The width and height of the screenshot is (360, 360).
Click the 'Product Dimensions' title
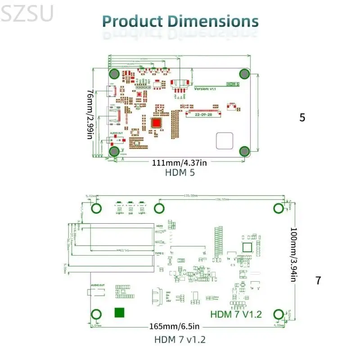coord(180,21)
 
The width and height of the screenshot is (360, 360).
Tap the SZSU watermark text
coord(27,13)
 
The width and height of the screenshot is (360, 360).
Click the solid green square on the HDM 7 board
coord(120,313)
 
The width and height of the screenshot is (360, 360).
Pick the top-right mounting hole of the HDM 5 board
coord(244,74)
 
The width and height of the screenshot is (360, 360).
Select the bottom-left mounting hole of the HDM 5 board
coord(114,151)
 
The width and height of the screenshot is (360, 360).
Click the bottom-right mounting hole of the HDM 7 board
coord(278,314)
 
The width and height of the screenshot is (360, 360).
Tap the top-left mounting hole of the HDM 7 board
coord(96,208)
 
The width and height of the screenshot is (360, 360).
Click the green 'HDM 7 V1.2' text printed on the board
coord(236,314)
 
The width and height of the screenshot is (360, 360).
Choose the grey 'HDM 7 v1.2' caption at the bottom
coord(180,339)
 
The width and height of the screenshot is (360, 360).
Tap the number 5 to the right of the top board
coord(302,117)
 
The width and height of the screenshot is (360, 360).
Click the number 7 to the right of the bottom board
coord(318,280)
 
